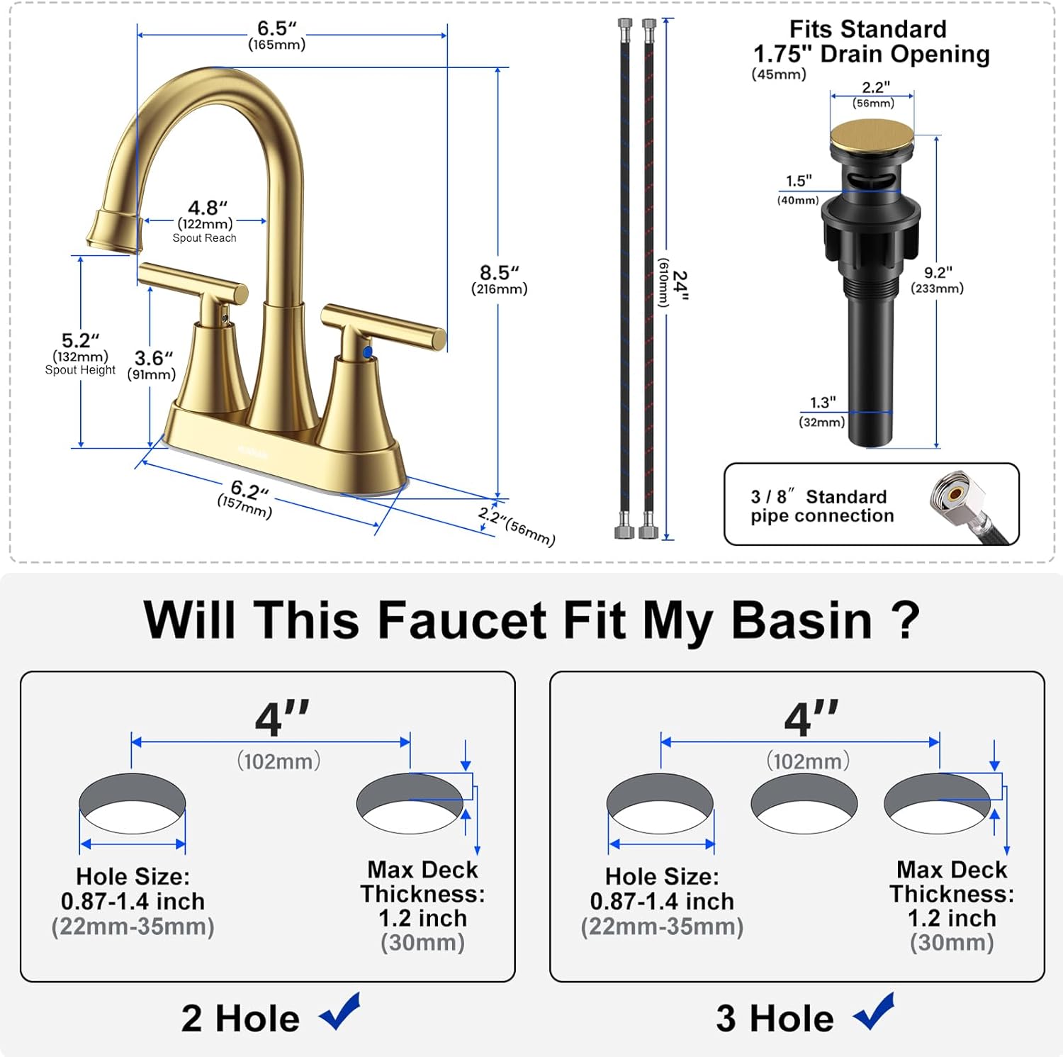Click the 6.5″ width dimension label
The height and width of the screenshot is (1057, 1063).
(x=276, y=28)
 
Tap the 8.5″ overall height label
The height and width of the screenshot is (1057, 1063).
(x=500, y=273)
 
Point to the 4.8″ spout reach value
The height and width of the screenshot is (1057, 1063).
(x=208, y=208)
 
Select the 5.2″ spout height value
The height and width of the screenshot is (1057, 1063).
(x=80, y=340)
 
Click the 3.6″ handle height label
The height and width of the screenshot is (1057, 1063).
(x=154, y=358)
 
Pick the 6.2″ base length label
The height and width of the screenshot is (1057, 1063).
(x=249, y=490)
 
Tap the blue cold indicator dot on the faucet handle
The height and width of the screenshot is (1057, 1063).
(x=367, y=352)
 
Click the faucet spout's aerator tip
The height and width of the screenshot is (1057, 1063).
(x=113, y=230)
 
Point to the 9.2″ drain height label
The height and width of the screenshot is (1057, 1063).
(x=938, y=273)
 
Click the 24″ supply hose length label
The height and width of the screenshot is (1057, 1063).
(x=680, y=285)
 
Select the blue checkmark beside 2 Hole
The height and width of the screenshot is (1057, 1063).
(x=341, y=1012)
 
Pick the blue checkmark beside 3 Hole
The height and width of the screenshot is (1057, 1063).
(x=874, y=1012)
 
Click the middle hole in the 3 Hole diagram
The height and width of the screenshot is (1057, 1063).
(x=804, y=803)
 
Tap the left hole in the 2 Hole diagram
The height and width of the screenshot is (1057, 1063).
(x=133, y=803)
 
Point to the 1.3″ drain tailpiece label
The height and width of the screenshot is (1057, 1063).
(x=823, y=403)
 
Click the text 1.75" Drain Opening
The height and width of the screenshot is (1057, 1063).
(x=872, y=54)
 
